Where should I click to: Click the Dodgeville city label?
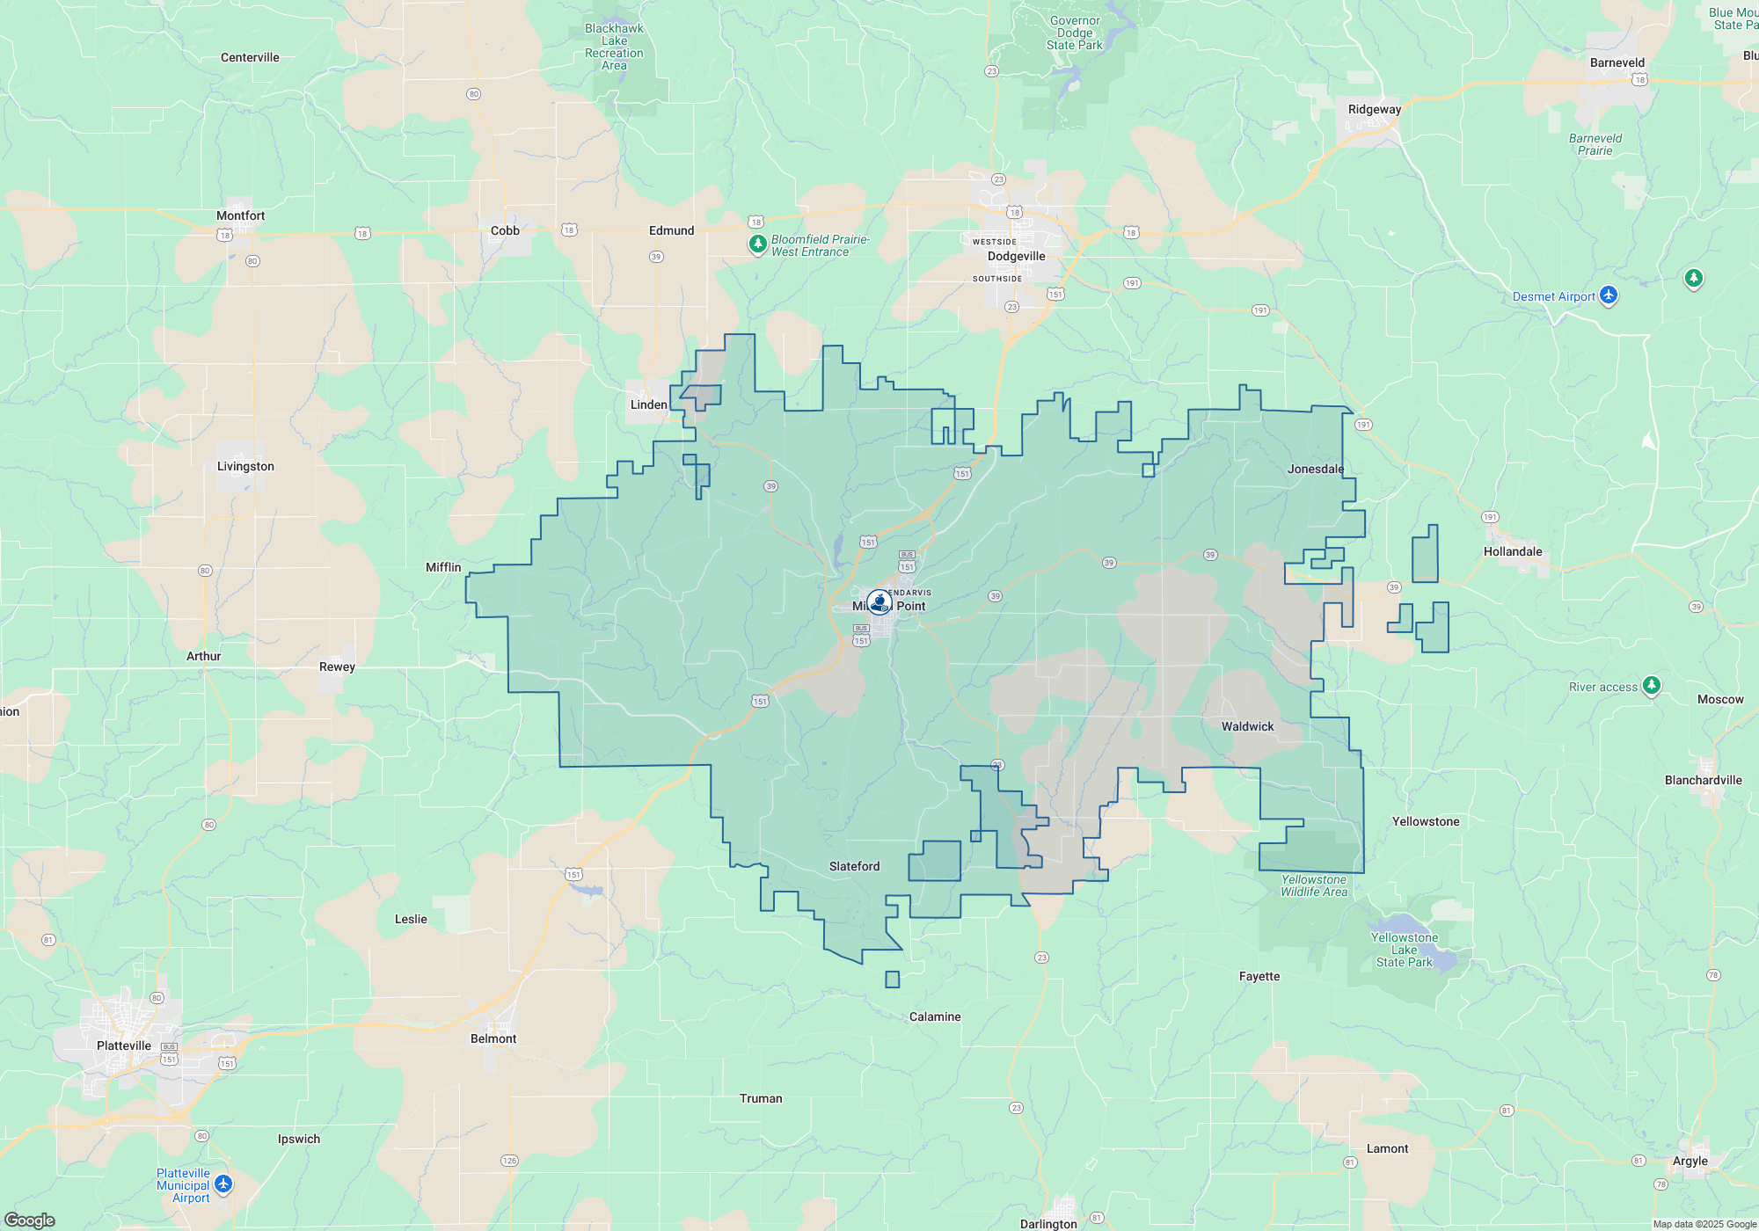1016,256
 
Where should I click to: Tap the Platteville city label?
124,1045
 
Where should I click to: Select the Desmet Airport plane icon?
1609,295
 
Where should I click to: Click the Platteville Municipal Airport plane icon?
223,1184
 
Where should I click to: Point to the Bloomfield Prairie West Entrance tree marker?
757,244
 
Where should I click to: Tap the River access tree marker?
1652,685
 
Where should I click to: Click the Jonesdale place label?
1316,469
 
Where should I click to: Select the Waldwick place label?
1247,726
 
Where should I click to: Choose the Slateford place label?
854,866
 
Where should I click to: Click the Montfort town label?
240,215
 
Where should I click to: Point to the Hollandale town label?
1513,551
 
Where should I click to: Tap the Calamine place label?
935,1016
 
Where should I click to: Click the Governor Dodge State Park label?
1074,33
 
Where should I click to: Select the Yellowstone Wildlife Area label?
1314,885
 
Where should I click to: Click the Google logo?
30,1220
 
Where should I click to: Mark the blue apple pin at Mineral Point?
879,602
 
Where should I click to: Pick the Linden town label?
648,404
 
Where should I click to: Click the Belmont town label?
493,1038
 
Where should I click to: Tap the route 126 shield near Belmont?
509,1161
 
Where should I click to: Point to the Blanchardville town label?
1703,780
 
